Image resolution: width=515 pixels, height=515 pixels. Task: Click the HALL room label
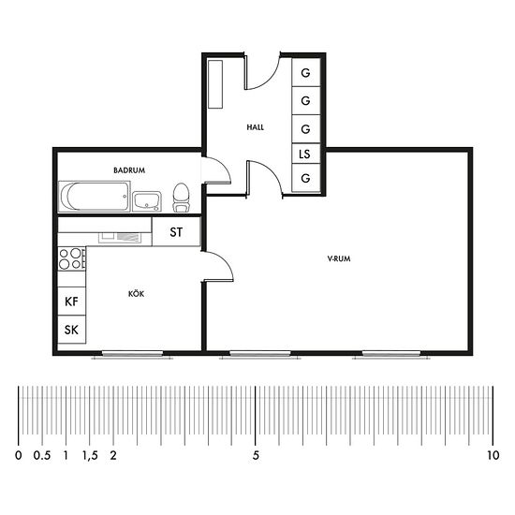(x=256, y=127)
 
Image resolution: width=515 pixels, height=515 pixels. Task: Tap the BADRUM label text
(x=129, y=170)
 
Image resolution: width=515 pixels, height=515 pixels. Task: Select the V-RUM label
(x=339, y=258)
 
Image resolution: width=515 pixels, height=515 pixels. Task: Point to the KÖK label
(x=136, y=293)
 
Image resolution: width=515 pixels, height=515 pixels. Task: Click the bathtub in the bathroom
(x=95, y=196)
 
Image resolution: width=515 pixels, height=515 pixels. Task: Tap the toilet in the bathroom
(x=181, y=197)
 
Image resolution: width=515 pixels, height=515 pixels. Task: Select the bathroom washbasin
(x=147, y=201)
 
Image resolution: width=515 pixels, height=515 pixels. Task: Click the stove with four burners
(x=71, y=258)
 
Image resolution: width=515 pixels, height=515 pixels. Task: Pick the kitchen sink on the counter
(x=120, y=238)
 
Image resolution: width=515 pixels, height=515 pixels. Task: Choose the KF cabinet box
(x=71, y=302)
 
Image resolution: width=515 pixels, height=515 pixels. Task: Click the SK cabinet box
(x=71, y=330)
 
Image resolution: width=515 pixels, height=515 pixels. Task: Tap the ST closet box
(x=176, y=232)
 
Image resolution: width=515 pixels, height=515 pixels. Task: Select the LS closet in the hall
(x=306, y=154)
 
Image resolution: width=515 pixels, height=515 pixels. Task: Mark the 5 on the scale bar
(x=256, y=455)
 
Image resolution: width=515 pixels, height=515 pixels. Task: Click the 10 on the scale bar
(x=493, y=455)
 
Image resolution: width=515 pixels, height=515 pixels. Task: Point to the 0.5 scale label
(x=42, y=455)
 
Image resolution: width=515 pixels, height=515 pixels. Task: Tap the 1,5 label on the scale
(x=90, y=455)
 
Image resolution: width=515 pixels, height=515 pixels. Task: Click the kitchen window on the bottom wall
(x=132, y=354)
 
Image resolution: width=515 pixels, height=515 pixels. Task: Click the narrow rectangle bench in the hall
(x=215, y=83)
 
